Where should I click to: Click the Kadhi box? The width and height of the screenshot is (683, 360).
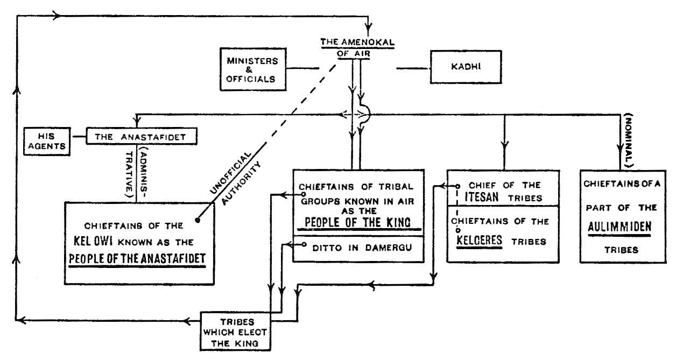coord(461,67)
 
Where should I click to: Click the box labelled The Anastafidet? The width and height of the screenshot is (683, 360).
coord(141,137)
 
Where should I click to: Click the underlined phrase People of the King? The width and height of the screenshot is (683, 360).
coord(357,222)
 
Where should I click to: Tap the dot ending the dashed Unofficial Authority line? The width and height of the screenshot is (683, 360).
coord(198,220)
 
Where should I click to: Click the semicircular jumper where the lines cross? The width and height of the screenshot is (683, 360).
coord(366,114)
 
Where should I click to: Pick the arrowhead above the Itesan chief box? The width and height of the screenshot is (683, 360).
coord(504,144)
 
